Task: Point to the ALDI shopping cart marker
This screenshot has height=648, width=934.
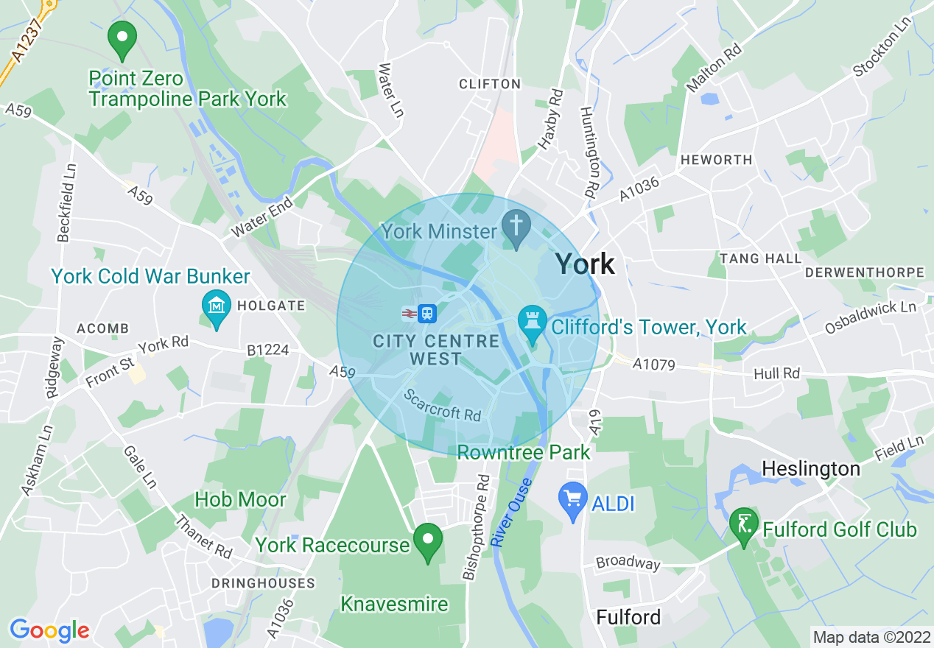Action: (x=572, y=500)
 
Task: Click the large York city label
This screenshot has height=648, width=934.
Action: (x=584, y=264)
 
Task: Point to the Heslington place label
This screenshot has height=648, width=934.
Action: (x=810, y=468)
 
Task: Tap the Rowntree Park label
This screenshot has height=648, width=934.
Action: (x=524, y=451)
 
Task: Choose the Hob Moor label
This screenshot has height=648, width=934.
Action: (x=240, y=499)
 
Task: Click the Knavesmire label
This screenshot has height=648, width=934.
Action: (x=394, y=604)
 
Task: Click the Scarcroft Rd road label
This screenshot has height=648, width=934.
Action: (x=442, y=405)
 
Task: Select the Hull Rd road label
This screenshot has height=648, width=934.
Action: (x=776, y=374)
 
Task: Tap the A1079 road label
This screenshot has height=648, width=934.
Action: (x=653, y=363)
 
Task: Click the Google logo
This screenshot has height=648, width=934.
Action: (x=49, y=631)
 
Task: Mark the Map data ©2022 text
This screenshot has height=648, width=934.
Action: (x=870, y=635)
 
